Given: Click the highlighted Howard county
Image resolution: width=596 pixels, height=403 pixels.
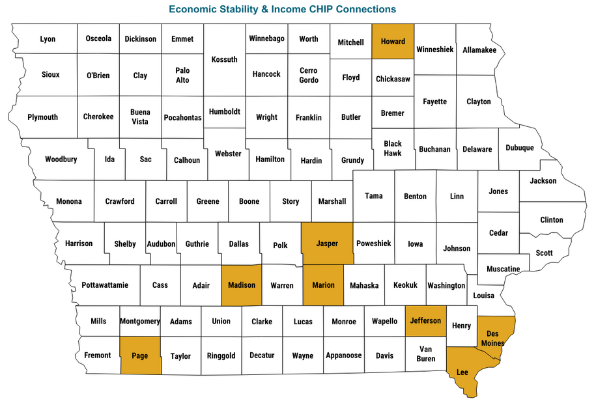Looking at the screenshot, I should [x=393, y=42].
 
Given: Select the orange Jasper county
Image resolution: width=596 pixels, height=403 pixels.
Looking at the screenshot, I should [x=327, y=243].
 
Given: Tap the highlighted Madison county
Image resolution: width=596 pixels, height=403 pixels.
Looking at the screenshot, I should [x=242, y=285].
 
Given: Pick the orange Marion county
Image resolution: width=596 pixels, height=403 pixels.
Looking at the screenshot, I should [x=323, y=285].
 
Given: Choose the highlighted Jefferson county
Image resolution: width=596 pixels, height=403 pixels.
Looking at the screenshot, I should [x=425, y=320].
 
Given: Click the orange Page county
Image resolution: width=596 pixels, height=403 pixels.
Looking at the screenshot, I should [x=140, y=356].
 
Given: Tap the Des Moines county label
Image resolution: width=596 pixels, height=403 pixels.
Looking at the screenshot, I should [x=492, y=338].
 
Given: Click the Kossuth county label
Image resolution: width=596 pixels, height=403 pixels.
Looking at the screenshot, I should [x=225, y=59].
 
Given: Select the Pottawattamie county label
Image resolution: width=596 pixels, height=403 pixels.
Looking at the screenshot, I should [x=105, y=285].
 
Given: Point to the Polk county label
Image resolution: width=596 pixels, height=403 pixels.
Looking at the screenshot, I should [x=280, y=245].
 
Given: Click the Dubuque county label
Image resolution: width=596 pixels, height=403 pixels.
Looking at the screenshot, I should [x=519, y=148].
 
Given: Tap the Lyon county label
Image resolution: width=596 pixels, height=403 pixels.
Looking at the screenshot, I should [x=48, y=39].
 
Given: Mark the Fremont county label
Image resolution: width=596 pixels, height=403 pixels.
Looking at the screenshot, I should [x=98, y=355].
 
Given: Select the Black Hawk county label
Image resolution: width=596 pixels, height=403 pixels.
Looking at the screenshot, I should [x=393, y=148].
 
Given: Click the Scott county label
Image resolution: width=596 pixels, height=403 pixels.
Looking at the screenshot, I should [x=544, y=253].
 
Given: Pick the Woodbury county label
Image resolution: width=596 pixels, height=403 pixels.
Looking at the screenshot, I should [x=61, y=160].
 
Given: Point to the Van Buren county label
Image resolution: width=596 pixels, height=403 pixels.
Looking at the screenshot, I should [x=425, y=354].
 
